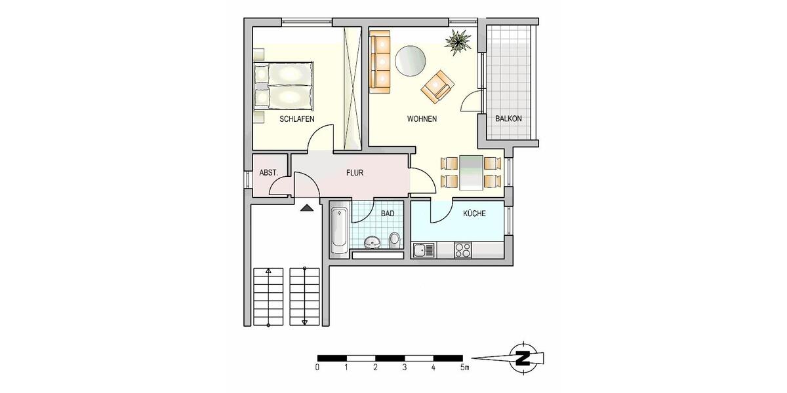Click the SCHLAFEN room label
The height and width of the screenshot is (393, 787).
pos(296,119)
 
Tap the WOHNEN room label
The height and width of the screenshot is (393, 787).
pos(422,119)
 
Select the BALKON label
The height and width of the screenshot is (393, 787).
pos(508,119)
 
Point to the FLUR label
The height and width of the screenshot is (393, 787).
pos(355,174)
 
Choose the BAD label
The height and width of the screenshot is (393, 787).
pos(388,214)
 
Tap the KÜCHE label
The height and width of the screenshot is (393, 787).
pos(474,214)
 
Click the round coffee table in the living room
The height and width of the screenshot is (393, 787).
pos(410,60)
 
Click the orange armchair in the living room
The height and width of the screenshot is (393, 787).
pos(437,86)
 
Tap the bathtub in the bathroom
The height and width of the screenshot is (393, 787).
pos(339,231)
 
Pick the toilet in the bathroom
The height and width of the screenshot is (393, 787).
pos(394,240)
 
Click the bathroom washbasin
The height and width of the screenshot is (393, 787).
pos(372,243)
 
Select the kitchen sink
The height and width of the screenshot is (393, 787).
pos(423,250)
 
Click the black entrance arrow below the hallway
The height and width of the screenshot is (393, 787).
pos(306,208)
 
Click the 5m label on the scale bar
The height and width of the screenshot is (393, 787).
pos(464,368)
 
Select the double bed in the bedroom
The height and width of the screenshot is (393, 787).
pos(283,84)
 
